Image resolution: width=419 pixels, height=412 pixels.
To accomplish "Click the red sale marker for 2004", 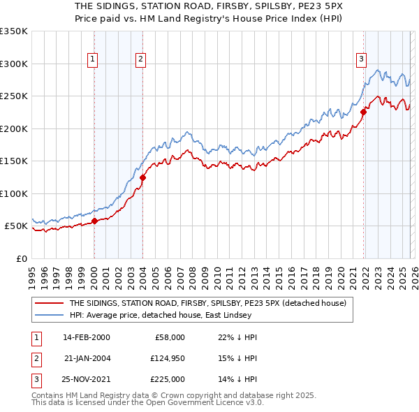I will [x=142, y=177].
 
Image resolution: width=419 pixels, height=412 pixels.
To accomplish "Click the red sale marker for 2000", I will [x=94, y=221].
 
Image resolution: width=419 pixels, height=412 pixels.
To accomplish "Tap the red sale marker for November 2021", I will [x=363, y=112].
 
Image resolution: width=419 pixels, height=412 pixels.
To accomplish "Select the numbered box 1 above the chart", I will [x=93, y=59].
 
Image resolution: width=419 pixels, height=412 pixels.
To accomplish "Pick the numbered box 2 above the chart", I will [x=140, y=59].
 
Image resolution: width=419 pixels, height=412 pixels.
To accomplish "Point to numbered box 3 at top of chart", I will [x=361, y=59].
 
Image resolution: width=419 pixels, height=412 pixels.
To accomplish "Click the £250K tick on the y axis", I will [x=14, y=96].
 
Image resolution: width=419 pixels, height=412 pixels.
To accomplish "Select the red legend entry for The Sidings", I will [x=212, y=303].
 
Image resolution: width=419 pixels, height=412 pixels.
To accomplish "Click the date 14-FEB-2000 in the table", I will [x=86, y=337].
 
